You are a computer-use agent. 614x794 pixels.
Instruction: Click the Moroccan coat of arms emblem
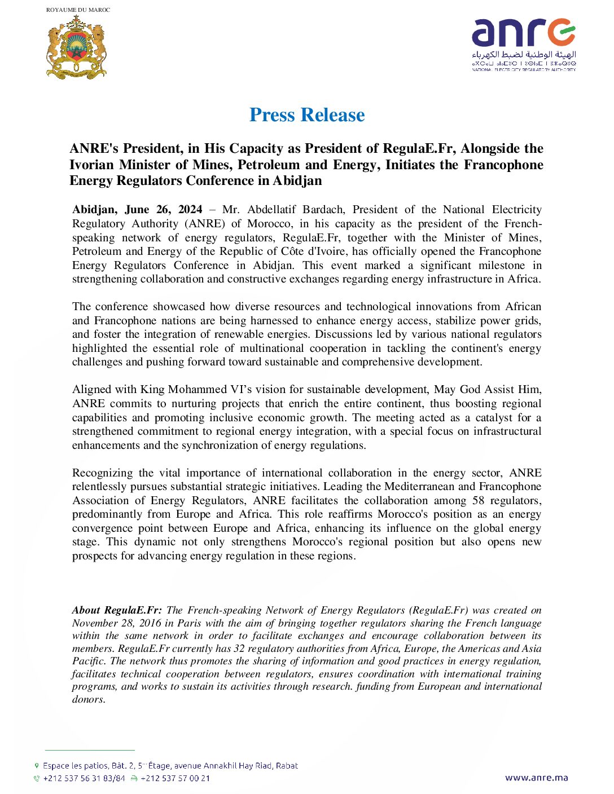pyautogui.click(x=76, y=47)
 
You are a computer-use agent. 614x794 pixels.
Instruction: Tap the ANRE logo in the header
pyautogui.click(x=524, y=44)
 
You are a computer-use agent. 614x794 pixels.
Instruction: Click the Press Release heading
pyautogui.click(x=307, y=115)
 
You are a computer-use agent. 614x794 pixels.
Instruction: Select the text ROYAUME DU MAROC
pyautogui.click(x=78, y=10)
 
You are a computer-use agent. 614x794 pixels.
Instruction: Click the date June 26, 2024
pyautogui.click(x=163, y=210)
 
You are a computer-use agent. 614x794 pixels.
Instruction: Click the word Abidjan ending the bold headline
pyautogui.click(x=297, y=181)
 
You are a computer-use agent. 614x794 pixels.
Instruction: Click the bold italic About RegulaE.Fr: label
pyautogui.click(x=117, y=610)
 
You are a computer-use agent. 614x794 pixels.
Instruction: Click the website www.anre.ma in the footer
pyautogui.click(x=536, y=778)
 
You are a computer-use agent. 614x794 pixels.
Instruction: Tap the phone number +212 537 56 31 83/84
pyautogui.click(x=84, y=778)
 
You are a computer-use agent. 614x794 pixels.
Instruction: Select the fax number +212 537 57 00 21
pyautogui.click(x=175, y=778)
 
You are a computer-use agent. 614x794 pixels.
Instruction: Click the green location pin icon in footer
pyautogui.click(x=37, y=766)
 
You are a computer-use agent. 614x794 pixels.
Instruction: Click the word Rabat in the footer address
pyautogui.click(x=287, y=766)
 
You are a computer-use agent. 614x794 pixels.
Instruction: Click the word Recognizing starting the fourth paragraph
pyautogui.click(x=103, y=473)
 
